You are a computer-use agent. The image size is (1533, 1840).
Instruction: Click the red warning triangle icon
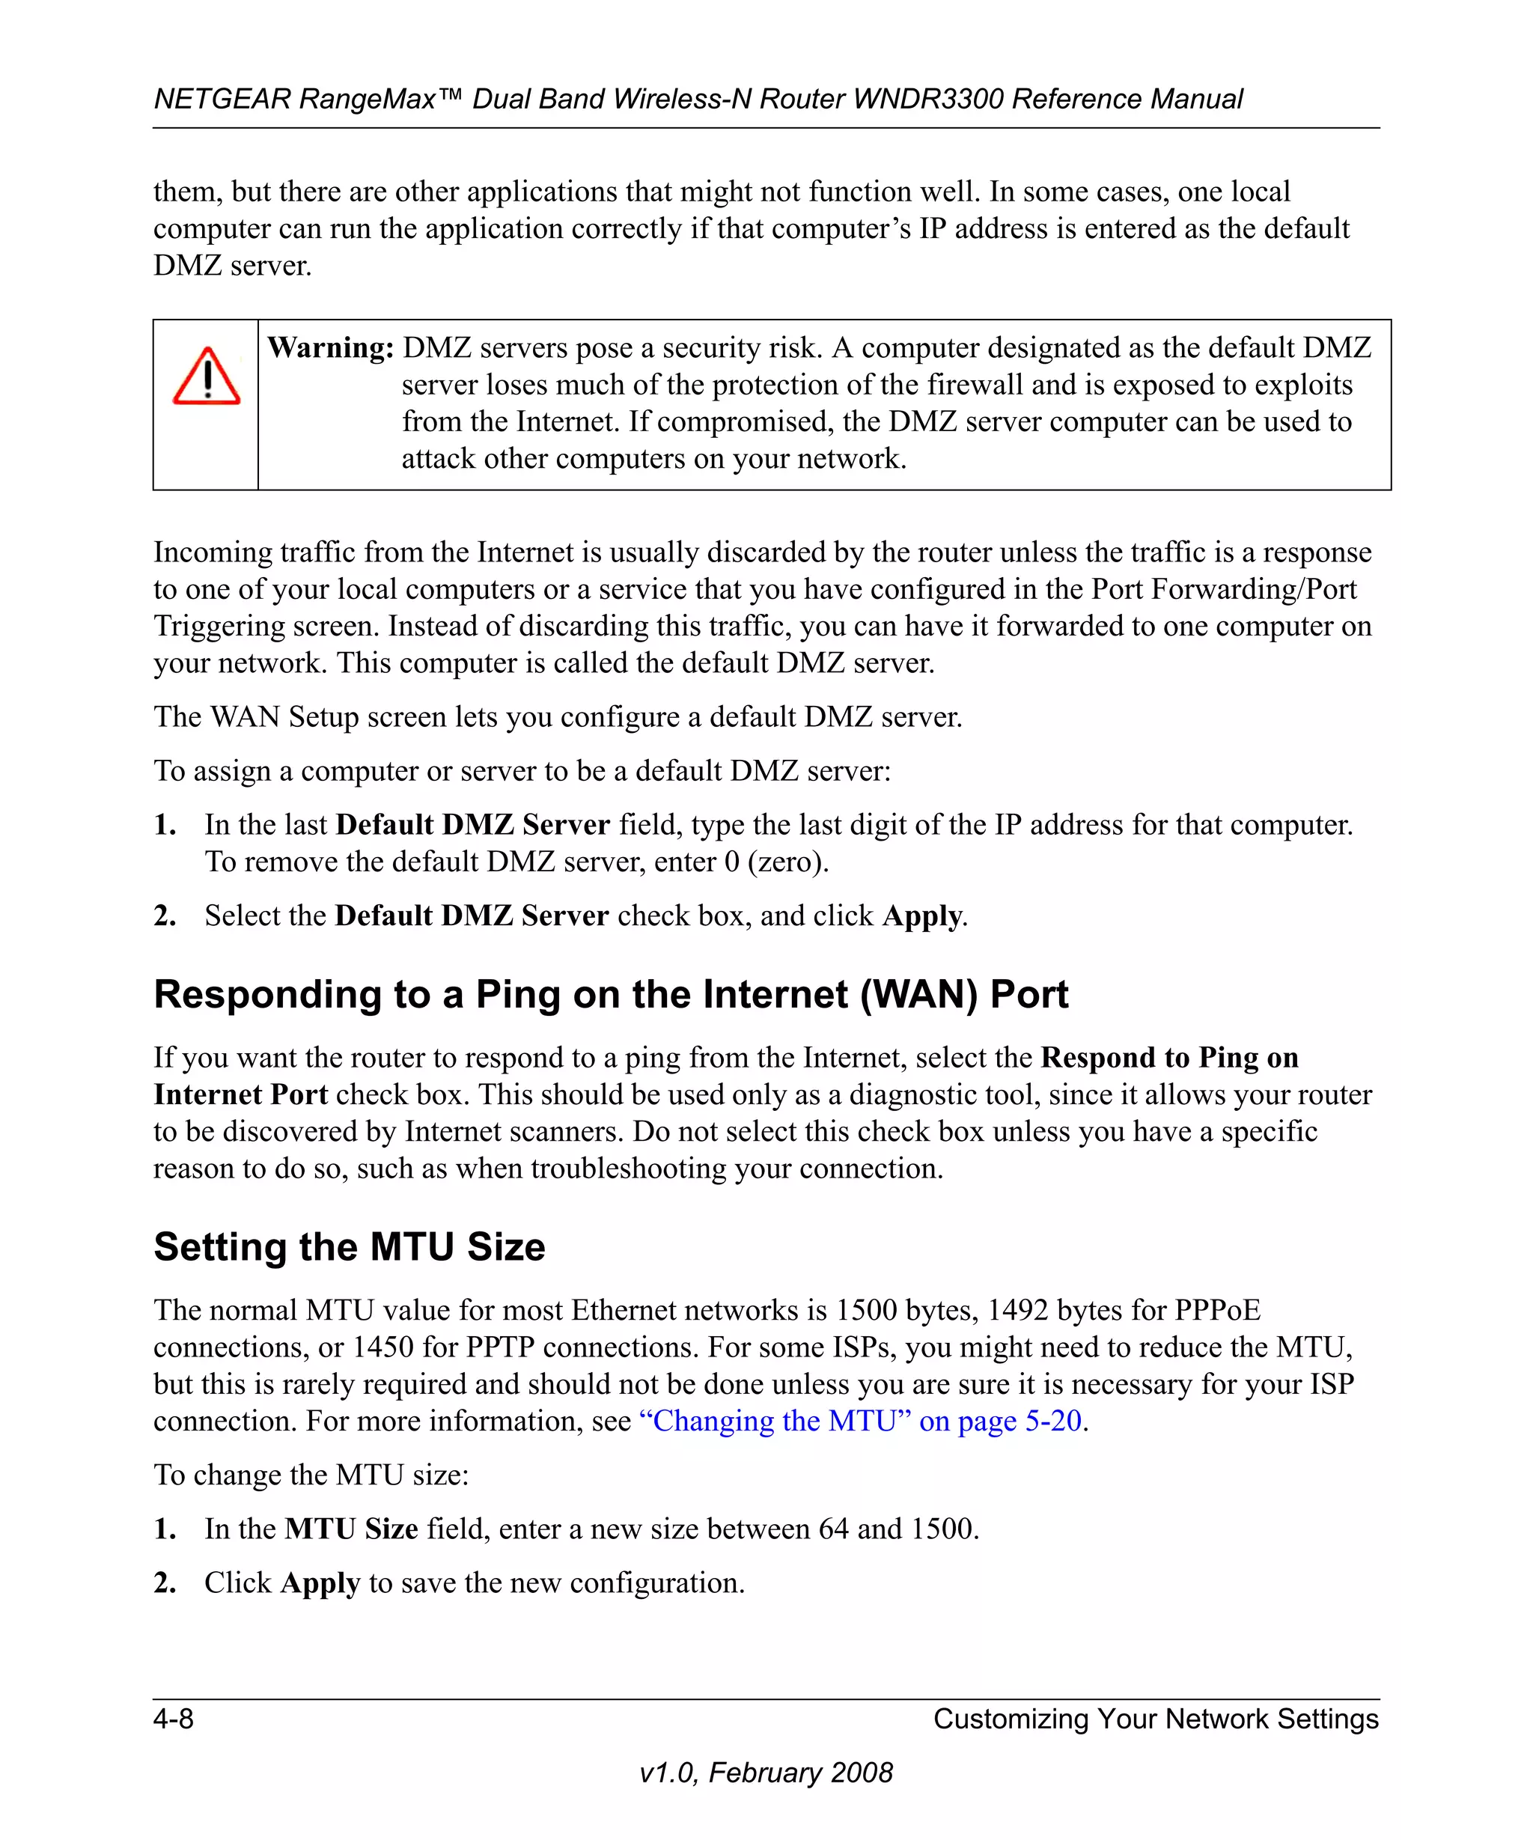207,377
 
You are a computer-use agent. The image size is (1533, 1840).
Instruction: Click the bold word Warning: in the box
330,348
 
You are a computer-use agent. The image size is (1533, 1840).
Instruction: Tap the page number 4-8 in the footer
174,1718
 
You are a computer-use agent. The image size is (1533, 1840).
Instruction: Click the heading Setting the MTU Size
349,1247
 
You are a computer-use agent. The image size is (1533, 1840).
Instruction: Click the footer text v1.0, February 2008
766,1773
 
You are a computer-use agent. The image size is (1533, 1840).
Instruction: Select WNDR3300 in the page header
927,99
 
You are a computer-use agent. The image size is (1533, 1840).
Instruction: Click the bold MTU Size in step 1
351,1529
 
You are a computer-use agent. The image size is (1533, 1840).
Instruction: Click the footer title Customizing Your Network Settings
1156,1718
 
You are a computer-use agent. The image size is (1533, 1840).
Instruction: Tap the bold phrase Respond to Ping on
1168,1058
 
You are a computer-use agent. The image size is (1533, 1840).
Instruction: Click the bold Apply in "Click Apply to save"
320,1583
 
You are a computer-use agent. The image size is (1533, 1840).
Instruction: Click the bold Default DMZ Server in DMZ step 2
472,916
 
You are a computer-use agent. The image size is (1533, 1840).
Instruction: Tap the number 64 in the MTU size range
833,1529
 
